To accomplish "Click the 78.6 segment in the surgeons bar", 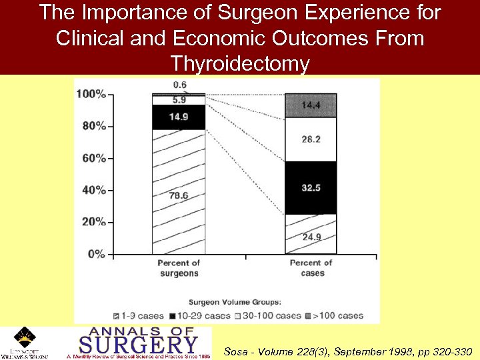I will click(179, 195).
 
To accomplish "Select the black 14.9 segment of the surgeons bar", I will click(179, 117).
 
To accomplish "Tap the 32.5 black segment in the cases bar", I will click(311, 188).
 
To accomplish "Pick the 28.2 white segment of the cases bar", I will click(311, 139).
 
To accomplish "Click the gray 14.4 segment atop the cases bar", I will click(311, 105).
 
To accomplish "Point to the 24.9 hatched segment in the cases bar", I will click(311, 236).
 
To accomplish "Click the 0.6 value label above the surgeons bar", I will click(179, 85).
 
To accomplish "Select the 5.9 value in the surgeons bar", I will click(179, 100).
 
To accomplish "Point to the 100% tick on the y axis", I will click(91, 94).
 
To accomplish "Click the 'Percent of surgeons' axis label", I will click(179, 268).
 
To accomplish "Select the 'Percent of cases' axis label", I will click(311, 268).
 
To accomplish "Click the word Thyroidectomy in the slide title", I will click(240, 64).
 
